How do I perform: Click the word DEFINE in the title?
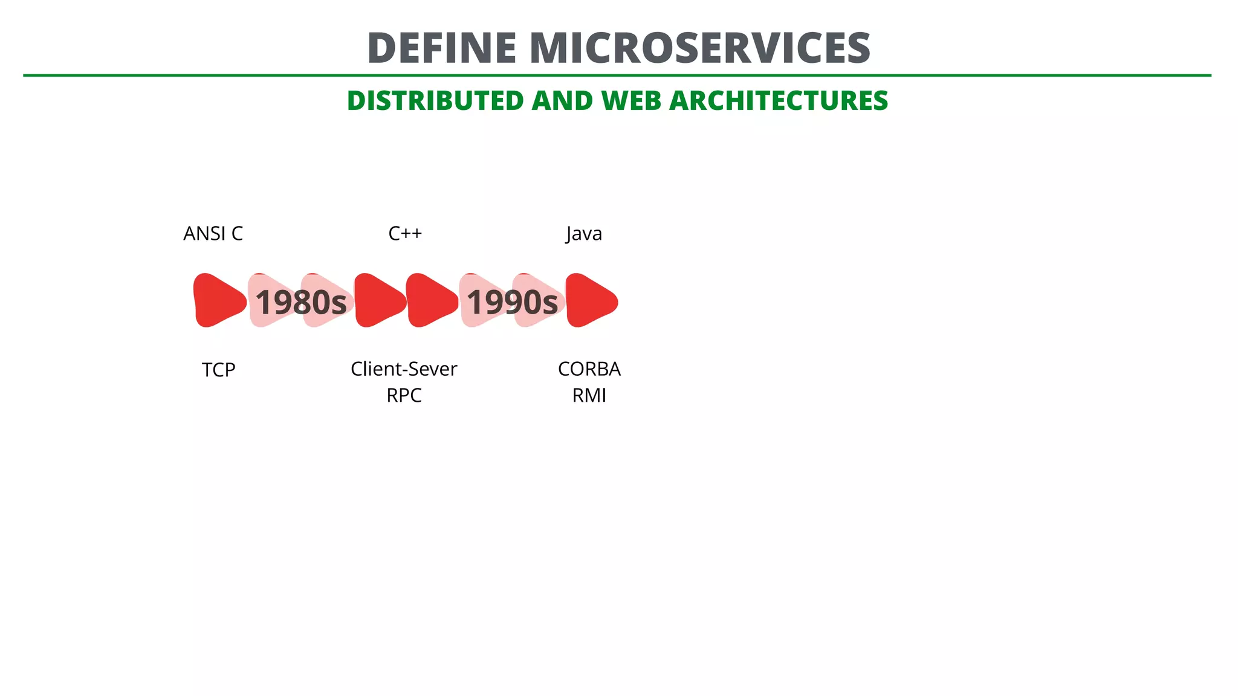[x=441, y=48]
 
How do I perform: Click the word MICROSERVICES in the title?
[x=699, y=48]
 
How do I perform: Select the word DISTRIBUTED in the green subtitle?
[x=435, y=101]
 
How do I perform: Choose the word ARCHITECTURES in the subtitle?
[x=779, y=101]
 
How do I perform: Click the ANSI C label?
[x=213, y=234]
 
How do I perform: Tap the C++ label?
[x=405, y=234]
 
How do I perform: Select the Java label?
[x=584, y=234]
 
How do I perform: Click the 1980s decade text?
[x=301, y=302]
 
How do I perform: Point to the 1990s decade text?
[x=512, y=302]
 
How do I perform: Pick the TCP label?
[x=218, y=370]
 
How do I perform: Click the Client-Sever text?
[x=404, y=369]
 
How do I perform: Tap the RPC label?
[x=404, y=396]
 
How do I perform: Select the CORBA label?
[x=589, y=369]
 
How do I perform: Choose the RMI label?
[x=589, y=396]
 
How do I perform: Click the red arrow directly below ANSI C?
[x=218, y=300]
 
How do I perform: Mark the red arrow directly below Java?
[x=590, y=300]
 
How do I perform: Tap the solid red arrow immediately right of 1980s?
[x=378, y=300]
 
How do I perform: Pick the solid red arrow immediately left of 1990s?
[x=430, y=300]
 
